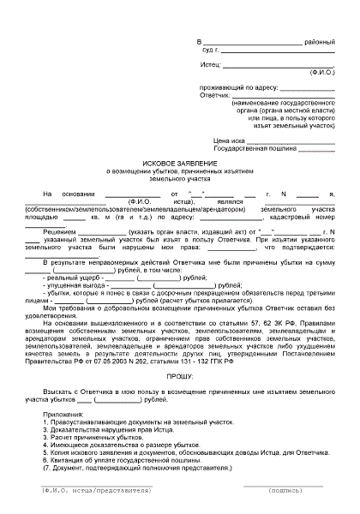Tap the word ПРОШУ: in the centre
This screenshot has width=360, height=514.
[181, 352]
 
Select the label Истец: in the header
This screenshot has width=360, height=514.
[210, 64]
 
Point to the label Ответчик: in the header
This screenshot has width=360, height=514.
[214, 94]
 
